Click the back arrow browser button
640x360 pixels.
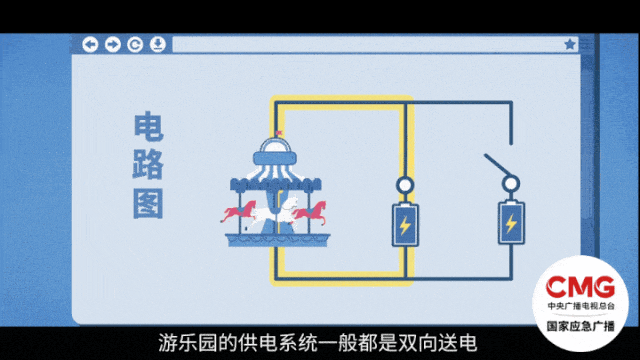pos(90,44)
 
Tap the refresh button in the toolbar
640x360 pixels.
pos(135,44)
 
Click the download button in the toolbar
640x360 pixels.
pos(158,44)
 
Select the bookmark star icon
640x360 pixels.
pos(570,44)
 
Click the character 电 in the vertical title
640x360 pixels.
pos(149,128)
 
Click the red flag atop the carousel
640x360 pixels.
pos(281,133)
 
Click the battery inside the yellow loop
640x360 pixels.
pos(404,225)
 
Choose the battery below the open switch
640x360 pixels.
pos(511,225)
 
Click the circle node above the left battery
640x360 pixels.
pos(404,185)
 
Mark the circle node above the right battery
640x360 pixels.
pos(511,185)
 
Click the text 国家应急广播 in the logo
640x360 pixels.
pos(587,326)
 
